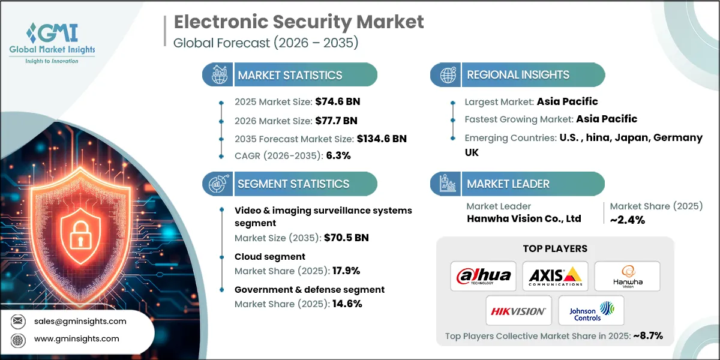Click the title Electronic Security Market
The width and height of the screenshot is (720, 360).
point(298,23)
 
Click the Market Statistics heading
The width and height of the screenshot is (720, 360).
point(290,75)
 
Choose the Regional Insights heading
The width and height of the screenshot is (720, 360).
point(518,75)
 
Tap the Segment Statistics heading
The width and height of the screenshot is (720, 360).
point(293,184)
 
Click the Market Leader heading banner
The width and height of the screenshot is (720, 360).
point(508,184)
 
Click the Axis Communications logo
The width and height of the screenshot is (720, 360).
point(555,276)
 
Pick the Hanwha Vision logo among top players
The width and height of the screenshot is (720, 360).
point(627,276)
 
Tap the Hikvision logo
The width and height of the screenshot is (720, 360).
point(518,311)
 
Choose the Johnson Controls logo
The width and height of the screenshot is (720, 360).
point(591,311)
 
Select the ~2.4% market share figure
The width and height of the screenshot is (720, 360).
point(628,220)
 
